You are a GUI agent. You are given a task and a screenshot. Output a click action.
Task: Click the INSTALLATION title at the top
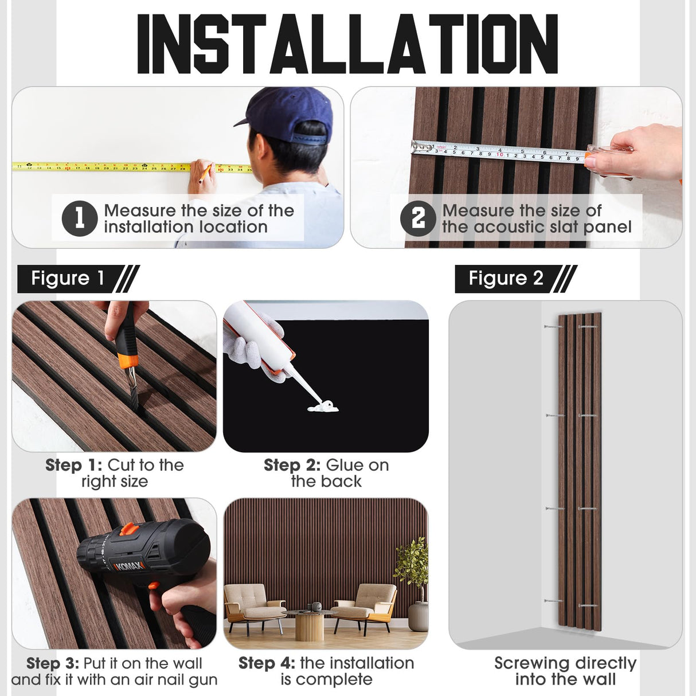click(x=347, y=44)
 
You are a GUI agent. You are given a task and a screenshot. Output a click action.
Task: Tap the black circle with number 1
click(x=80, y=218)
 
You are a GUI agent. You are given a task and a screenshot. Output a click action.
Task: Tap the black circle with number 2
click(x=418, y=218)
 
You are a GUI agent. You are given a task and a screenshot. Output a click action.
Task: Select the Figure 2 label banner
click(x=516, y=279)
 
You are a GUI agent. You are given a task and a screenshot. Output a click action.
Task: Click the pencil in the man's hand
click(x=205, y=173)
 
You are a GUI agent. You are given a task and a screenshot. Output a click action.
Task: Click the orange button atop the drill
click(x=130, y=529)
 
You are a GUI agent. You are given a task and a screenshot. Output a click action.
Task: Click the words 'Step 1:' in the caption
click(x=74, y=465)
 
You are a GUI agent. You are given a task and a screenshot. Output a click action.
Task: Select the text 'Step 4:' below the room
click(x=267, y=663)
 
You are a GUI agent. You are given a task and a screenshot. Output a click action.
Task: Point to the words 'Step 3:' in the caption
click(x=53, y=663)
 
